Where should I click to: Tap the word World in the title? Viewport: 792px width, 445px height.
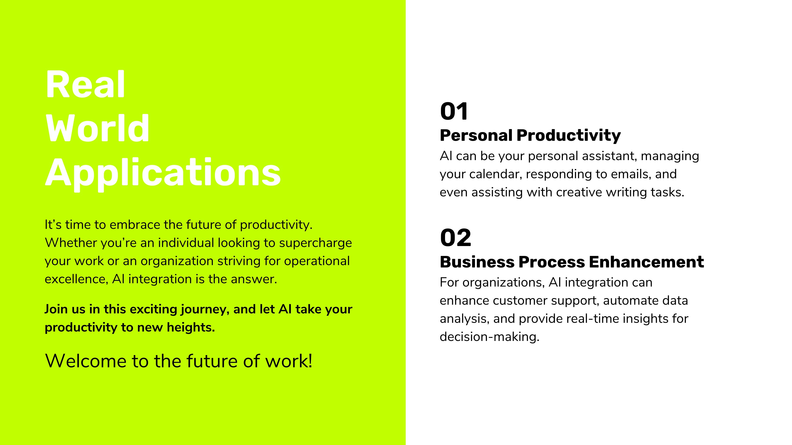[x=97, y=128]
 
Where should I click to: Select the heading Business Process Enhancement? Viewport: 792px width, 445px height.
[x=572, y=262]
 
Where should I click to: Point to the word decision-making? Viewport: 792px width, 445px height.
[x=490, y=337]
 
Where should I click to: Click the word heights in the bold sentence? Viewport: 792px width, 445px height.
[x=191, y=328]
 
